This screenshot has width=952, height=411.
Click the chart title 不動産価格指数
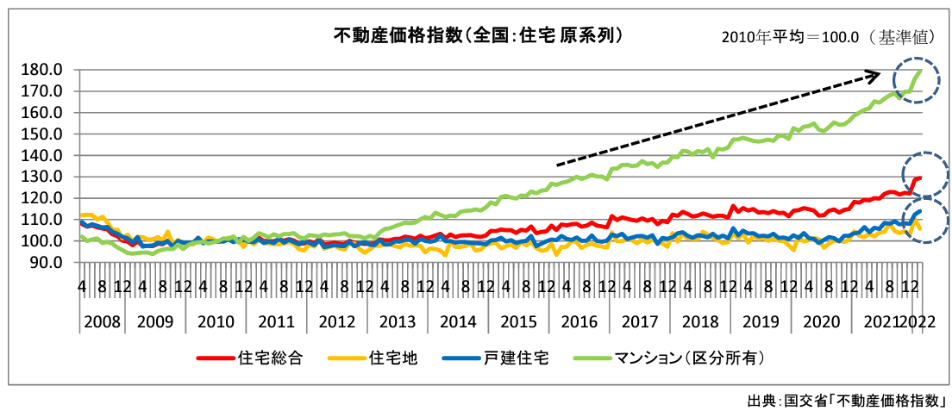click(x=478, y=35)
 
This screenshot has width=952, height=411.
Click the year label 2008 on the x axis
click(x=101, y=321)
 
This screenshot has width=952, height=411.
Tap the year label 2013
click(x=398, y=321)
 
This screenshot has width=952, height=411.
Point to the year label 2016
click(x=579, y=321)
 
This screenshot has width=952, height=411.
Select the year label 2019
click(x=761, y=321)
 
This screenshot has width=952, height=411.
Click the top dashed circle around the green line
click(x=918, y=80)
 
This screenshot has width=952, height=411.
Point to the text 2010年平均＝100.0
click(x=793, y=38)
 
